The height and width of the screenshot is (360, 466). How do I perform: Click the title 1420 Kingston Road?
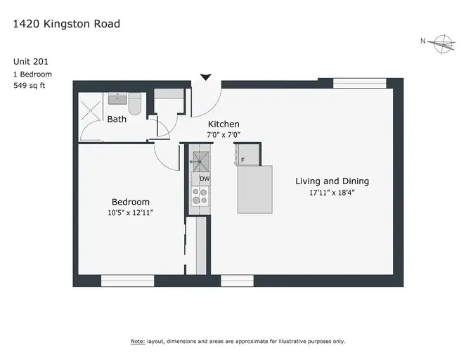(x=67, y=24)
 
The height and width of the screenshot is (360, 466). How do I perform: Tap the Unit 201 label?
(x=31, y=62)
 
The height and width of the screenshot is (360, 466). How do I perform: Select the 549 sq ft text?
(x=29, y=86)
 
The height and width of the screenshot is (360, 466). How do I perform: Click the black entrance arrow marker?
(x=206, y=77)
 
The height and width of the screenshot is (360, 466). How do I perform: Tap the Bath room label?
(x=117, y=120)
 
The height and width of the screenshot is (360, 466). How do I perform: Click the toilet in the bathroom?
(x=135, y=104)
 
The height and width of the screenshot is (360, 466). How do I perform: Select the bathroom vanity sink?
(x=117, y=98)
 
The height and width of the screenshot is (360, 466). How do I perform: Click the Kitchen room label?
(x=224, y=124)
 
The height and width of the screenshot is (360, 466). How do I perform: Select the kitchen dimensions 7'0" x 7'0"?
(x=224, y=135)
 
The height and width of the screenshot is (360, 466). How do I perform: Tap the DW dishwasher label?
(x=205, y=179)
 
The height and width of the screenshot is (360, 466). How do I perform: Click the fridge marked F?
(x=248, y=155)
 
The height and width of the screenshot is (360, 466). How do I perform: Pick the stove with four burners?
(x=200, y=196)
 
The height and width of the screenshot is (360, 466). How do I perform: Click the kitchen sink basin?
(x=201, y=162)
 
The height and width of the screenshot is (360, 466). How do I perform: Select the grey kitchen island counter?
(x=255, y=190)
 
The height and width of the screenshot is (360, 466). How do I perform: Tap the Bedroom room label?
(x=131, y=202)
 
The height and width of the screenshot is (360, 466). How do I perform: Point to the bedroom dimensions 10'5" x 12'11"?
(x=131, y=213)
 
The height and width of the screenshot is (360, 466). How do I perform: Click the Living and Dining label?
(x=332, y=181)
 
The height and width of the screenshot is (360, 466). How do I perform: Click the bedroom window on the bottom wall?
(x=128, y=281)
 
